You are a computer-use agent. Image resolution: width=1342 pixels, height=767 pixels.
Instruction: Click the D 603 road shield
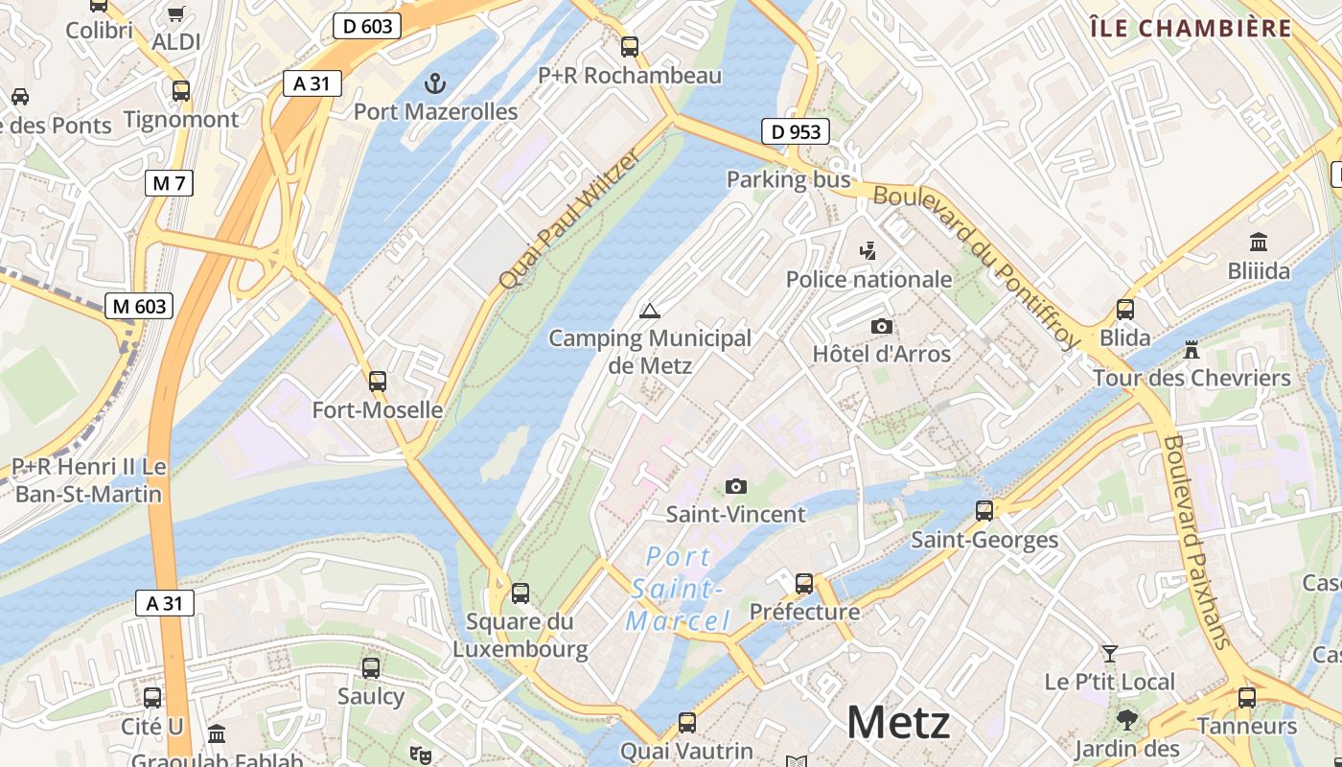[x=367, y=27]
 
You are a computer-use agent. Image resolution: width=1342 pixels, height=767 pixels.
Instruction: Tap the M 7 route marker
[x=170, y=183]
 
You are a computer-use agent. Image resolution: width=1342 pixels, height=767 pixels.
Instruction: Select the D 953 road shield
[x=796, y=131]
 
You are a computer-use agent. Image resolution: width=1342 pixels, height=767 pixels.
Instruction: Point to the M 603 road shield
[x=139, y=307]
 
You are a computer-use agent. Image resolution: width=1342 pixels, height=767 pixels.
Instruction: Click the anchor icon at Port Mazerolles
[x=435, y=83]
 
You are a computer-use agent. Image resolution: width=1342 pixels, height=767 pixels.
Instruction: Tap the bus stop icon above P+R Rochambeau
[x=630, y=46]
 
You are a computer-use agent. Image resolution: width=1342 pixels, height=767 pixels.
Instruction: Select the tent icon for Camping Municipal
[x=650, y=311]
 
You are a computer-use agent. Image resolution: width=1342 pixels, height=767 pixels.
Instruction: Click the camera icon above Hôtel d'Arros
[x=882, y=327]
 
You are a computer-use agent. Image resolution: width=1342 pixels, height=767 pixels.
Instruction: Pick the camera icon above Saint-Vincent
[x=736, y=487]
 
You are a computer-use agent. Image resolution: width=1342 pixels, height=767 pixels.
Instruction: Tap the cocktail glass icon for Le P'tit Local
[x=1110, y=654]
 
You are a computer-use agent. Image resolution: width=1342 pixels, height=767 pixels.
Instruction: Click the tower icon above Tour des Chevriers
[x=1192, y=350]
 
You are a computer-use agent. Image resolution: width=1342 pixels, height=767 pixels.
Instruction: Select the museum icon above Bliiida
[x=1259, y=243]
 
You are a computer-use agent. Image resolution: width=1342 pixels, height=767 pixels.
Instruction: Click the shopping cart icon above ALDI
[x=176, y=14]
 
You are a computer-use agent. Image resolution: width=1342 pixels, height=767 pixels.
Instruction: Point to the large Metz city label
[x=898, y=723]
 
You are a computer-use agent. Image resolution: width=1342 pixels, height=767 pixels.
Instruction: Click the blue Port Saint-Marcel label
[x=679, y=589]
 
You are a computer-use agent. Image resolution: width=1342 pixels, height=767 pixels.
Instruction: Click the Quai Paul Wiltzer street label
[x=568, y=219]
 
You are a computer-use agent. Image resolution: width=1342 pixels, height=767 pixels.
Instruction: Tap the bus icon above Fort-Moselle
[x=378, y=382]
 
